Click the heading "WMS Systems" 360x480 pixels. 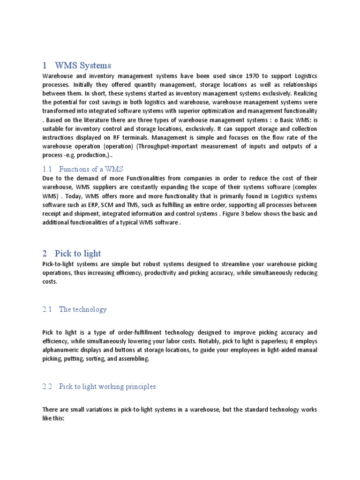(x=83, y=65)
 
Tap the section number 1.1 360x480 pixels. (x=47, y=169)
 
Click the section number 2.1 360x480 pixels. (x=47, y=309)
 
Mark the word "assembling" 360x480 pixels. (x=133, y=359)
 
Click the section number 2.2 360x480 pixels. (x=47, y=387)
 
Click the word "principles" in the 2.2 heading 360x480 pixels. (x=139, y=387)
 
